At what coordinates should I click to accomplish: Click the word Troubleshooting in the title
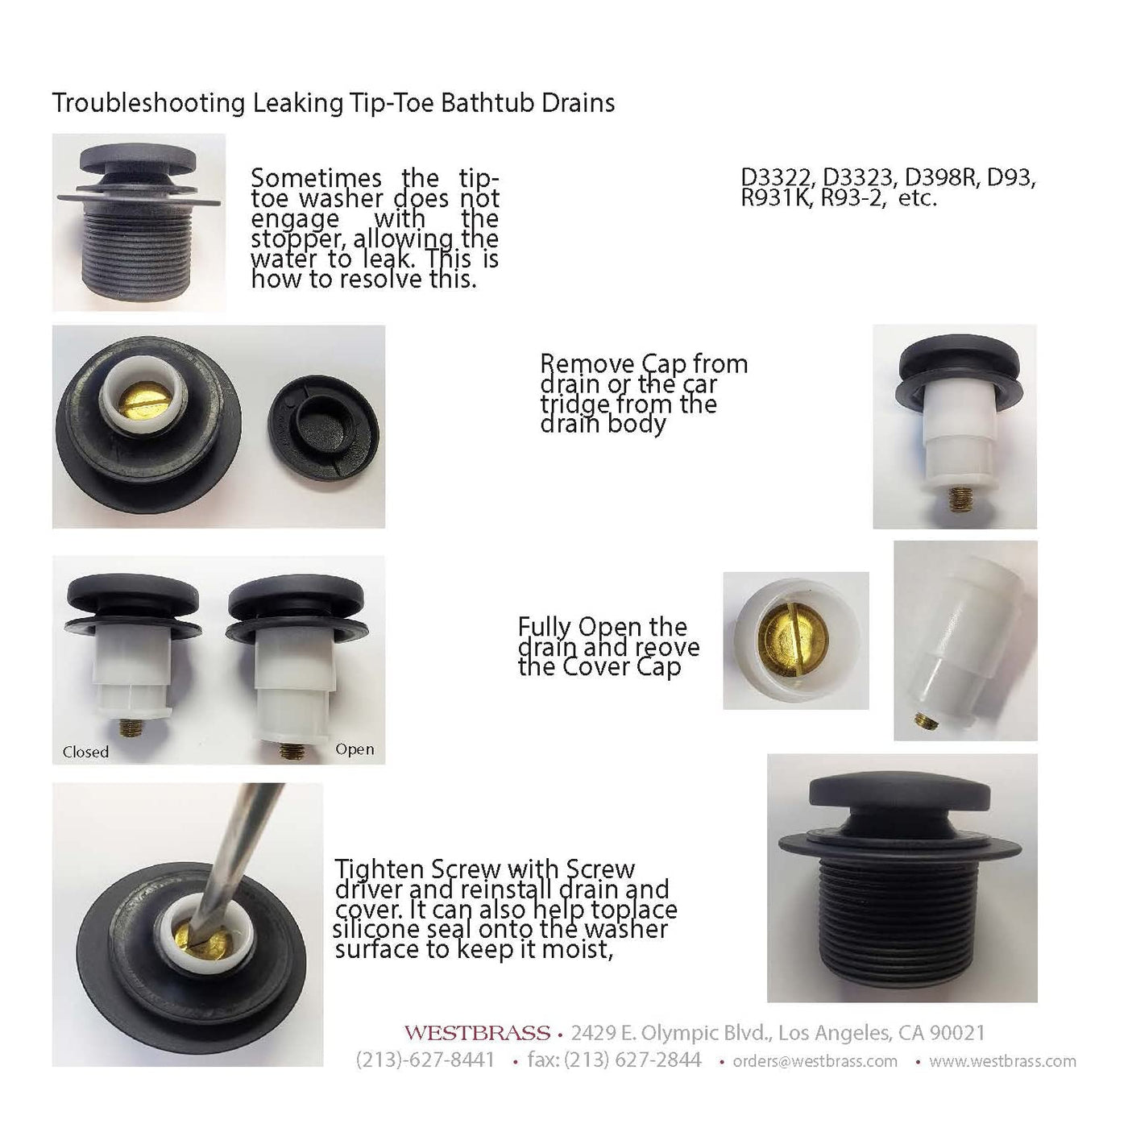pos(149,104)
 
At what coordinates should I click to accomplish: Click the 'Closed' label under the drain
pos(85,752)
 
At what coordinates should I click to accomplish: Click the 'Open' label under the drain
pos(355,750)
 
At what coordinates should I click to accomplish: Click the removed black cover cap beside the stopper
pos(323,427)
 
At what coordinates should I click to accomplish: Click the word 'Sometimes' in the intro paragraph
pos(316,177)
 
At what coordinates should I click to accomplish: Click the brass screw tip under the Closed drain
pos(131,728)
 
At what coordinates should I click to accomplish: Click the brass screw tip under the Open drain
pos(291,751)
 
